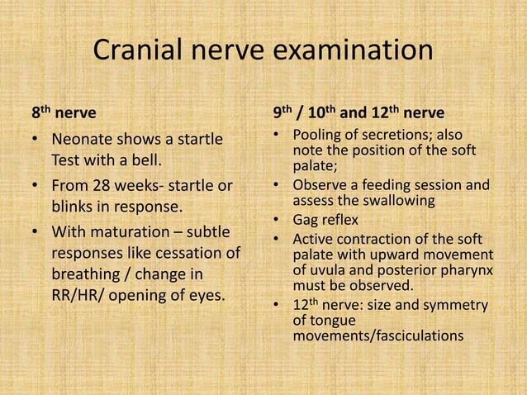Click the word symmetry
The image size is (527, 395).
click(x=457, y=306)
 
